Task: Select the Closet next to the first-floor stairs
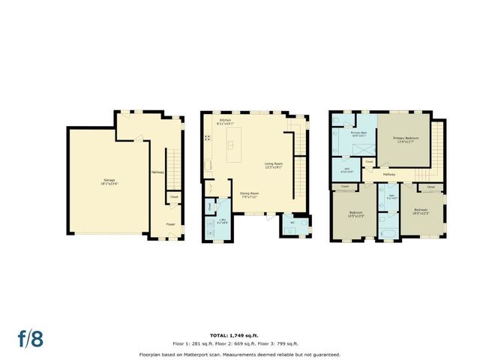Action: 172,199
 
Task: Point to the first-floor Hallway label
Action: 157,172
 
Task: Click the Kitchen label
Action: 226,121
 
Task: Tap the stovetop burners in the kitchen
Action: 206,138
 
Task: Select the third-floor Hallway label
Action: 389,174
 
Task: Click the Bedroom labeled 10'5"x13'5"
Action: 356,214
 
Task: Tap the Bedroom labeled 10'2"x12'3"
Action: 421,211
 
